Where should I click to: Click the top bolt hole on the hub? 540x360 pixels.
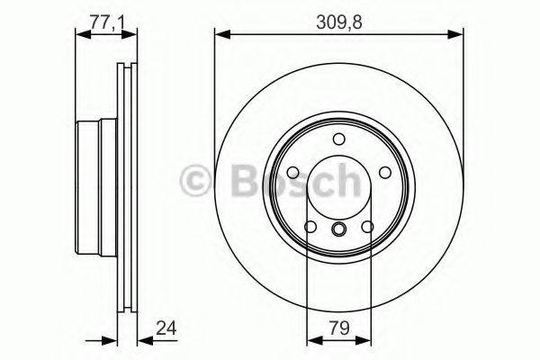[x=338, y=139]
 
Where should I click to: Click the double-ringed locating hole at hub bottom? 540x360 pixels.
[x=338, y=230]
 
